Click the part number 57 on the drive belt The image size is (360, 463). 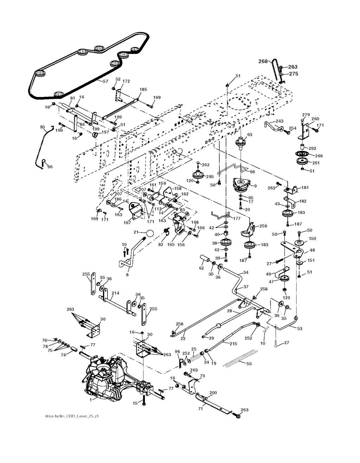105,82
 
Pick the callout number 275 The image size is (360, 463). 294,74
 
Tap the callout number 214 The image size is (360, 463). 115,293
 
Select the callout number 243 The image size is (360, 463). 279,121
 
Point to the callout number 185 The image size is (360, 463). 143,90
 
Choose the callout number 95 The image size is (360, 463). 43,127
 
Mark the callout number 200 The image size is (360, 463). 213,393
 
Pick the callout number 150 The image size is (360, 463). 312,239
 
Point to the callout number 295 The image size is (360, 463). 210,177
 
